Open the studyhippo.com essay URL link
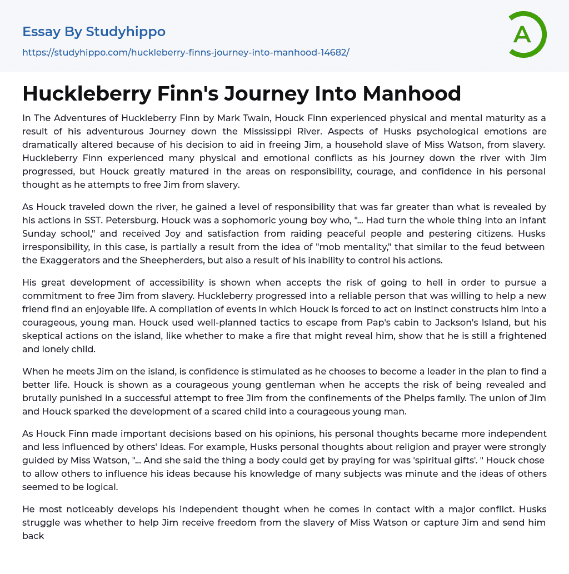tap(186, 52)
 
